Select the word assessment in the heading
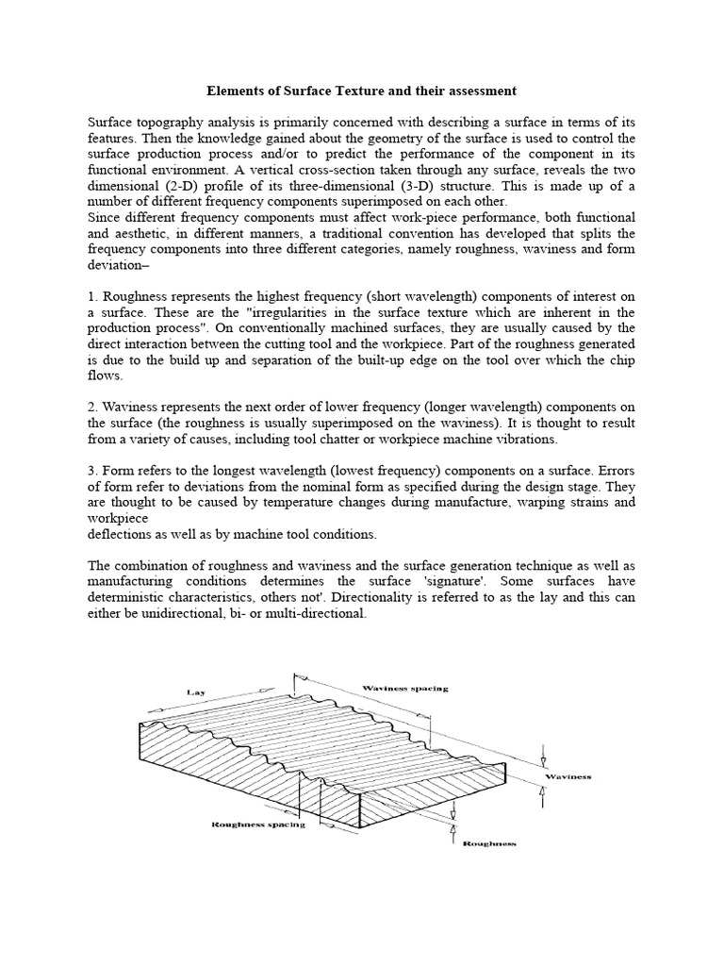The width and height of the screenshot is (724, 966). [x=477, y=92]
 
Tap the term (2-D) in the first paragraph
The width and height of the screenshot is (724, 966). [x=189, y=186]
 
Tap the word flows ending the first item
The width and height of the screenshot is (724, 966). [x=106, y=375]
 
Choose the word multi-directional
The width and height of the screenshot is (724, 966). [x=310, y=613]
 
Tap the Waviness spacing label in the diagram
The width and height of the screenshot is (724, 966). [x=405, y=689]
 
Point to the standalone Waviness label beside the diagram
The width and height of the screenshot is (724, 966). [x=568, y=775]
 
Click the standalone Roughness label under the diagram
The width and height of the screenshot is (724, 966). [x=489, y=842]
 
